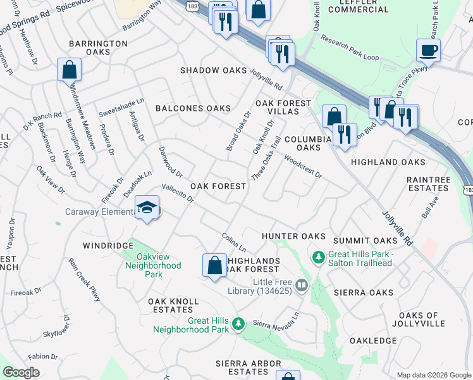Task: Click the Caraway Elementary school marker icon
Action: click(x=147, y=208)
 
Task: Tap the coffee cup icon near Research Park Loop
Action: click(x=428, y=49)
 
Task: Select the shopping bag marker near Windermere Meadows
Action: click(x=69, y=69)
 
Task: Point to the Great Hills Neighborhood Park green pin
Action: click(x=238, y=324)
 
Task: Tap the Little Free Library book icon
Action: click(x=301, y=285)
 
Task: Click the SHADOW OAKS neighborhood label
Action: click(x=213, y=70)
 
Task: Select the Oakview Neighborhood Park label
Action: click(x=158, y=266)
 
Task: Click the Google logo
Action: click(x=21, y=372)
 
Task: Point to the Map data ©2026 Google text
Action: click(x=433, y=375)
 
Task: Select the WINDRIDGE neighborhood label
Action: click(x=108, y=244)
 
